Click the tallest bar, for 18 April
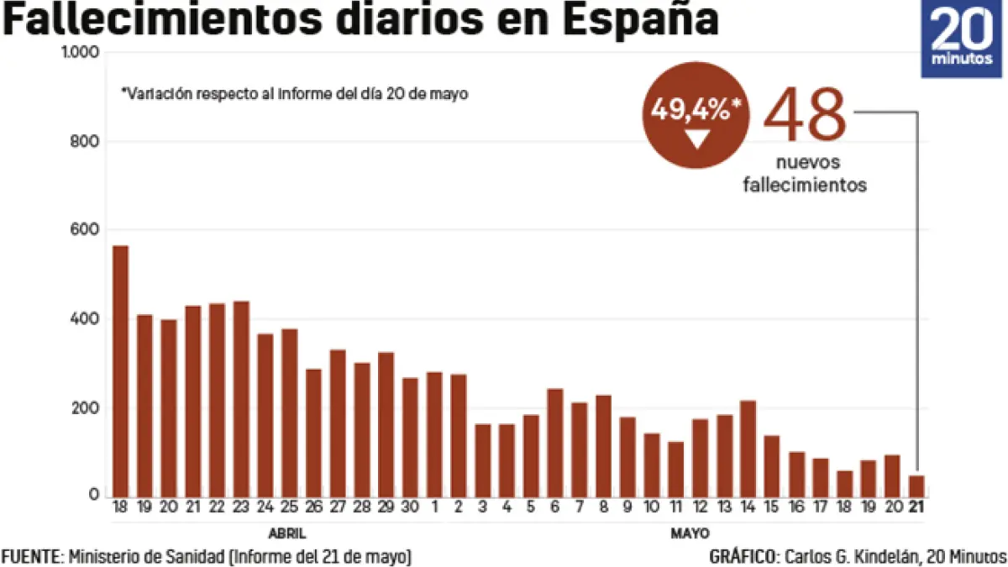click(x=120, y=370)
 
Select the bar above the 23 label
click(x=241, y=398)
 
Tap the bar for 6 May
click(x=554, y=443)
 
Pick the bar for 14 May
click(x=748, y=449)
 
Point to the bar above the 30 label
click(x=410, y=437)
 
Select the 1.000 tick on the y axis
click(x=81, y=52)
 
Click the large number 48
click(x=805, y=115)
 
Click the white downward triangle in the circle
click(x=697, y=140)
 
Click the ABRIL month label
click(x=286, y=533)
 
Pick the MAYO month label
click(x=690, y=533)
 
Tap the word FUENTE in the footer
click(x=30, y=556)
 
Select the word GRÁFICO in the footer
click(x=743, y=556)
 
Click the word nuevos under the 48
click(x=805, y=163)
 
